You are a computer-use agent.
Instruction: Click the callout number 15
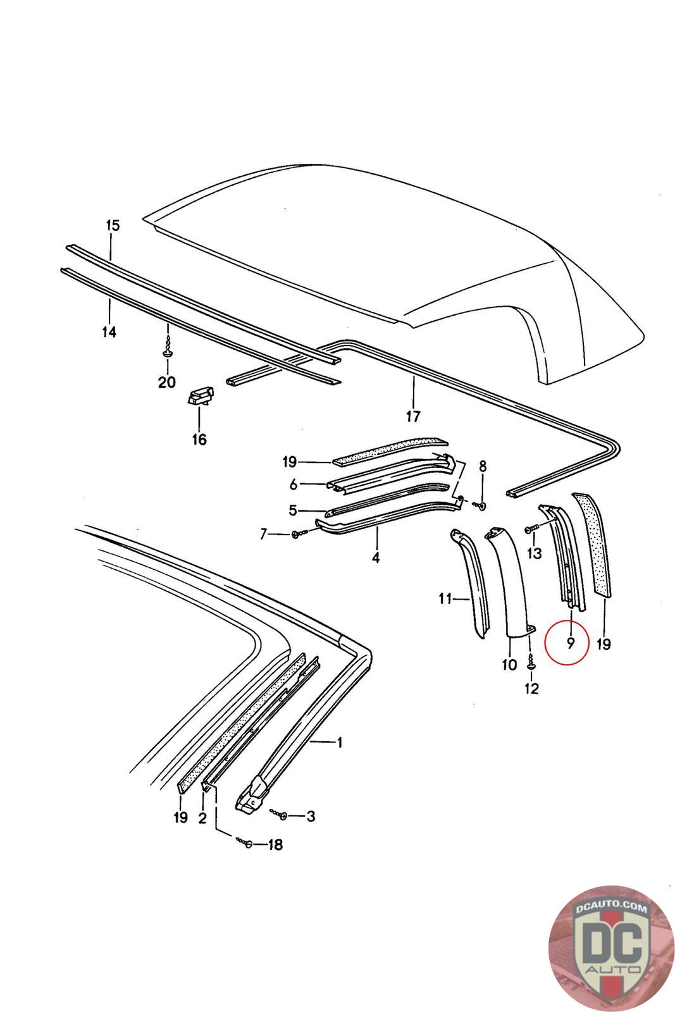[x=112, y=225]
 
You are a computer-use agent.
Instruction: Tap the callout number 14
[x=109, y=331]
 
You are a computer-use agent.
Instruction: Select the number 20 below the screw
[x=166, y=383]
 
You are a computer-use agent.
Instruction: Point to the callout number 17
[x=413, y=417]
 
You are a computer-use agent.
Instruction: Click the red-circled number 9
[x=570, y=644]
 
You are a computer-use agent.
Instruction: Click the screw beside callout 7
[x=298, y=535]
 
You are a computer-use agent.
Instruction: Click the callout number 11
[x=445, y=598]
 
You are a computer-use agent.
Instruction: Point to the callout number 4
[x=376, y=558]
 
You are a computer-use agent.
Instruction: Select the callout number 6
[x=294, y=485]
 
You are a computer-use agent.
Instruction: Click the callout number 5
[x=293, y=510]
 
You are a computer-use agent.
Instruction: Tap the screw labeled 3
[x=282, y=815]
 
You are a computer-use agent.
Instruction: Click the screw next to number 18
[x=247, y=843]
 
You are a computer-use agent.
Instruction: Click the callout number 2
[x=202, y=818]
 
